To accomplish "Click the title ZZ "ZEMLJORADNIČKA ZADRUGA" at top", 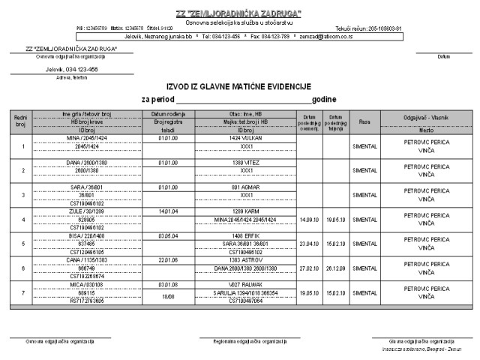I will coord(238,14).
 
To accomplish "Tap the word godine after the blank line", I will coord(324,99).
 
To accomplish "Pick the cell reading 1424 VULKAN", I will coord(246,139).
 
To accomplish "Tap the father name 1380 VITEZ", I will coord(246,162).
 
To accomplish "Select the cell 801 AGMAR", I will coord(246,186).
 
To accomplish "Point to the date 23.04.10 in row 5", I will coord(309,244).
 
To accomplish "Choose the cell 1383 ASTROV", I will coord(246,259).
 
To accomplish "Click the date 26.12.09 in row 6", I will coord(335,268).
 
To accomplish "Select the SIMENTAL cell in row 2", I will coord(364,170).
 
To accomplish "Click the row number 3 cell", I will coord(20,194).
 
